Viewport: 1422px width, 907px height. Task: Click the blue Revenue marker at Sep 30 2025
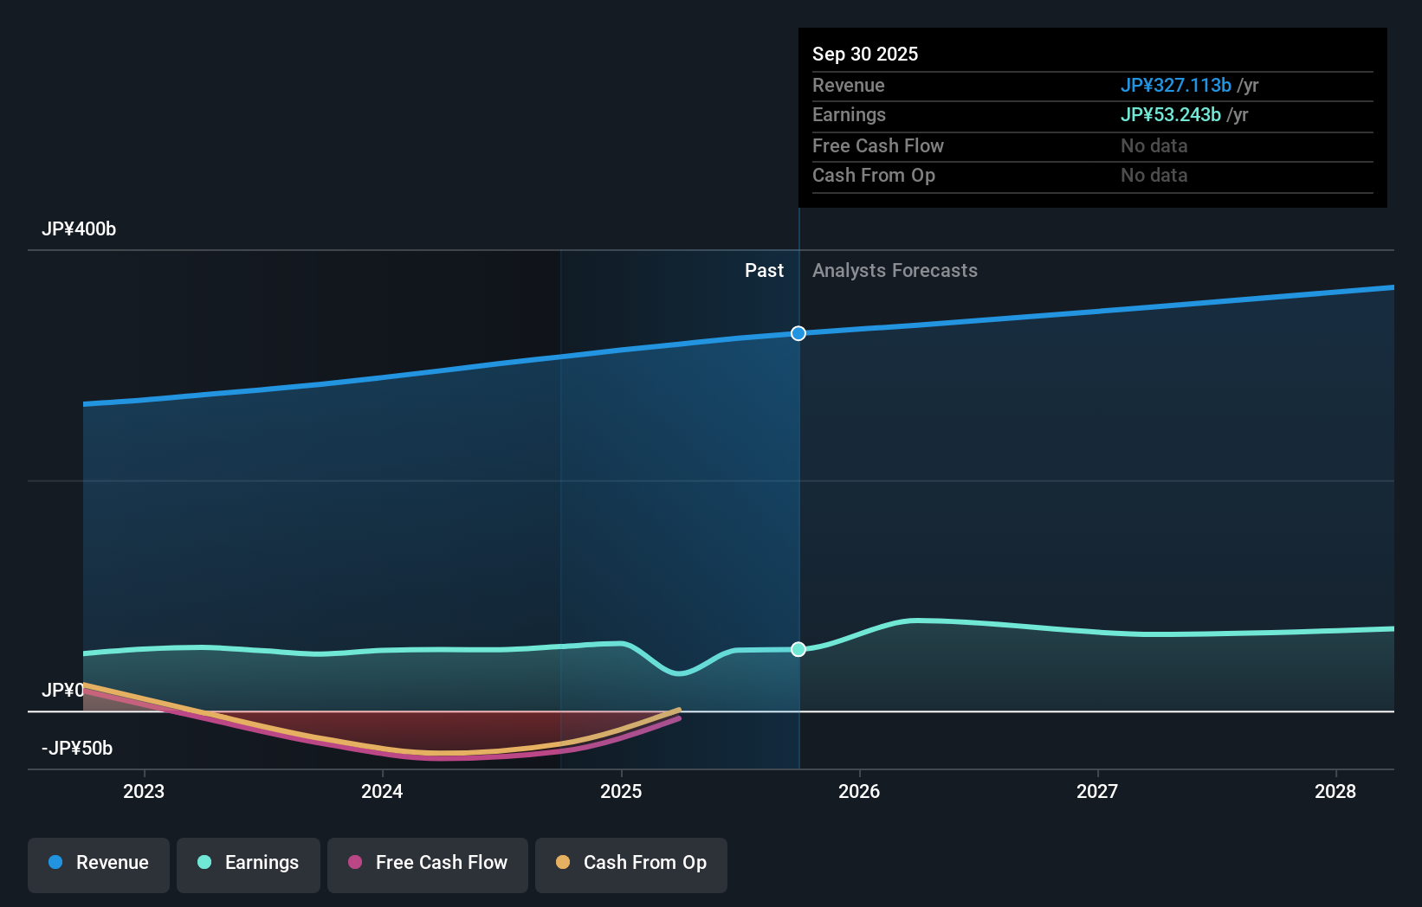tap(798, 333)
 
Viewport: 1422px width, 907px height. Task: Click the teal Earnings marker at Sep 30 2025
tap(798, 649)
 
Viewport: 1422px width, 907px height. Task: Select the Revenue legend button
tap(99, 863)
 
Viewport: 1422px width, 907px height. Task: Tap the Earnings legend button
tap(249, 863)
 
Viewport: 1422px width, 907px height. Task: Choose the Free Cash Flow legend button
tap(428, 863)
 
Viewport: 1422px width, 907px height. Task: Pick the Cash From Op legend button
tap(631, 863)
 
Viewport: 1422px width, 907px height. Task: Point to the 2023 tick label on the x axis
tap(144, 791)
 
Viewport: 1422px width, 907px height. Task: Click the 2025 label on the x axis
tap(621, 791)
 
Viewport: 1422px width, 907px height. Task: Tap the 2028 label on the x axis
tap(1335, 791)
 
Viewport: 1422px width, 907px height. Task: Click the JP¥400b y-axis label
tap(79, 229)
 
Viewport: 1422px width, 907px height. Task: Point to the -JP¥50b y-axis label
tap(77, 749)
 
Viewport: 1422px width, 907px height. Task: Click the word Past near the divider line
tap(764, 271)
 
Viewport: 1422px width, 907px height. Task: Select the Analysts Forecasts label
tap(895, 271)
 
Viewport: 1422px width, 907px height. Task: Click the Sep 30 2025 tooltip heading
tap(865, 54)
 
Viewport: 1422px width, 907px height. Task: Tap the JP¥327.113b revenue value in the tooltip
tap(1175, 85)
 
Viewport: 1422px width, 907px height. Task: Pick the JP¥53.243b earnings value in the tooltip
tap(1170, 115)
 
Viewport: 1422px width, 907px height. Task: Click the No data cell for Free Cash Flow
tap(1154, 146)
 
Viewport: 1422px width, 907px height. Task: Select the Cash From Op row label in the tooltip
tap(873, 176)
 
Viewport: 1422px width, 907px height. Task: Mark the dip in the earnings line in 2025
tap(679, 672)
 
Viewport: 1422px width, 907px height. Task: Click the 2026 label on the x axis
tap(859, 791)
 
